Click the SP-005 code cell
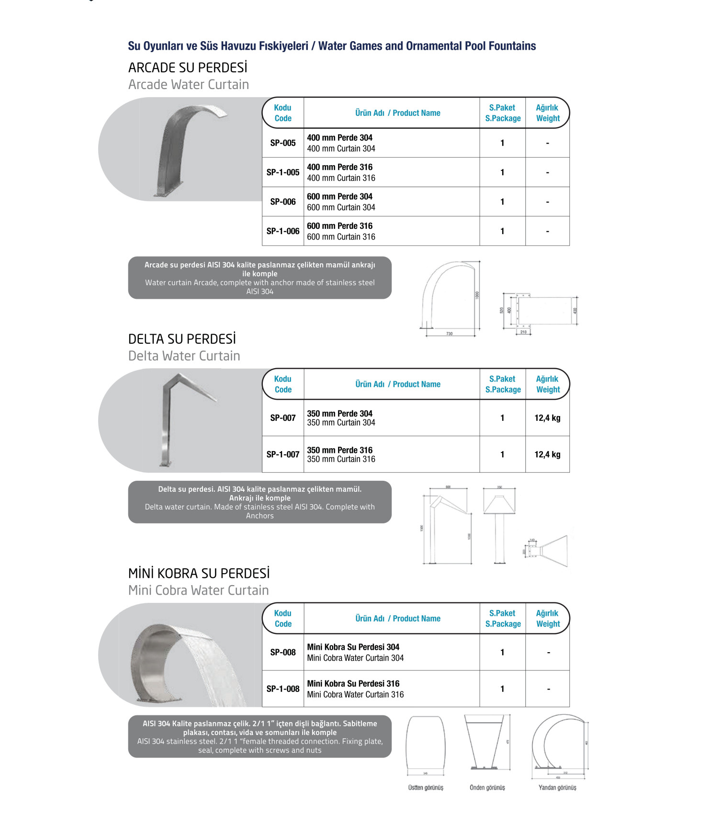tap(283, 143)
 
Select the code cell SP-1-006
tap(283, 231)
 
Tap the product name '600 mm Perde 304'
tap(339, 196)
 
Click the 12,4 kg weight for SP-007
tap(547, 418)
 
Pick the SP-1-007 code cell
tap(283, 454)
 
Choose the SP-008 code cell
tap(283, 652)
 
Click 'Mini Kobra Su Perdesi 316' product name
tap(353, 683)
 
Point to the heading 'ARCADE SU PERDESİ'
tap(188, 68)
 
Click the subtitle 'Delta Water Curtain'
tap(184, 356)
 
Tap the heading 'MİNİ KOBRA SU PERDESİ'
tap(199, 573)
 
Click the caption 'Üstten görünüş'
tap(426, 787)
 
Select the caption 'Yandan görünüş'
tap(557, 787)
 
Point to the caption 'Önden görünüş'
tap(487, 787)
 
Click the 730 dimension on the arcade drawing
tap(449, 334)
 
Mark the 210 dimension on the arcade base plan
tap(523, 332)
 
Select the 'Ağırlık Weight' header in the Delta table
tap(547, 384)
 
